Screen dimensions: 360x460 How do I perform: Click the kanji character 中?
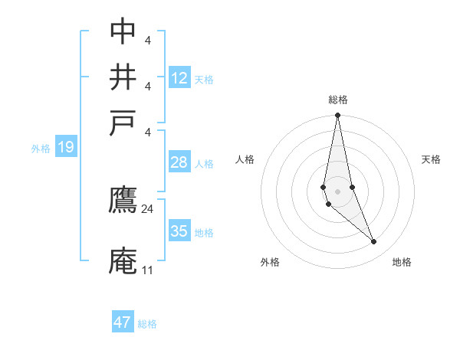click(123, 31)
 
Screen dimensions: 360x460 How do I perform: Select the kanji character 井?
click(123, 77)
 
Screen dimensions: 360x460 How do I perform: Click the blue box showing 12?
click(179, 78)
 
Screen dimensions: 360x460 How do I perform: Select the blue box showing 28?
click(179, 163)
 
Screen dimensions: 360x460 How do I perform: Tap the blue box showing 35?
click(179, 231)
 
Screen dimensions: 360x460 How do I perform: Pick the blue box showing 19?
click(65, 148)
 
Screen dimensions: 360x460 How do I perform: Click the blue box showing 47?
click(123, 322)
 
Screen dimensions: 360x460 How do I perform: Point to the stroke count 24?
click(148, 208)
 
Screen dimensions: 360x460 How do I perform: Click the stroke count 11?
click(147, 270)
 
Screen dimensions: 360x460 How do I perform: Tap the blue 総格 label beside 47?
click(147, 324)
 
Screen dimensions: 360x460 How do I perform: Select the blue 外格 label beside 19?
click(41, 149)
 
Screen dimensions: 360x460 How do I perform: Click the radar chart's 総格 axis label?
click(338, 100)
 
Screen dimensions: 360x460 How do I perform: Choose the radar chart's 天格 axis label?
click(432, 159)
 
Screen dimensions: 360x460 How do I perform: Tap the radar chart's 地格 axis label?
click(402, 262)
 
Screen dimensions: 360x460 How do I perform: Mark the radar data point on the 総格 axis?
click(337, 116)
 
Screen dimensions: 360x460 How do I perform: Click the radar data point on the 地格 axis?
click(374, 242)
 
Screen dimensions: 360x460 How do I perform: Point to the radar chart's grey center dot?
click(337, 191)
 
